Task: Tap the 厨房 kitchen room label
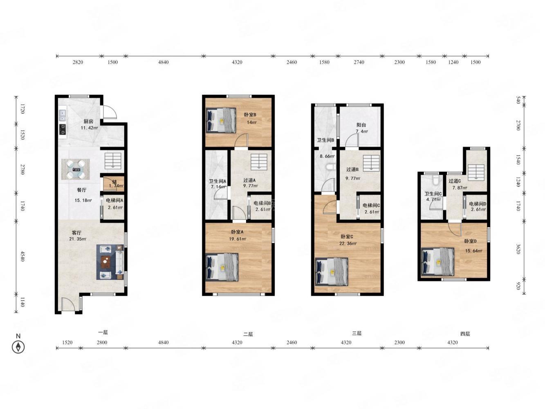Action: [x=88, y=121]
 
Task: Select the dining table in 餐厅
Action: [x=76, y=169]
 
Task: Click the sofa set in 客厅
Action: [x=110, y=262]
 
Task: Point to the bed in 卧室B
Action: [x=221, y=120]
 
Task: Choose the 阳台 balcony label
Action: [x=361, y=125]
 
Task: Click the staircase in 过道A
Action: [x=259, y=162]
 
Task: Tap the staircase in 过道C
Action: [x=476, y=172]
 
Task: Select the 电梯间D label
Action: [x=477, y=204]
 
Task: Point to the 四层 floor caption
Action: [x=465, y=334]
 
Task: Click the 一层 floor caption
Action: [x=103, y=332]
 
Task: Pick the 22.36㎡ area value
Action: [x=348, y=243]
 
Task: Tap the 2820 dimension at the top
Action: [x=78, y=62]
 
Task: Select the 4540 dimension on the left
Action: [x=22, y=256]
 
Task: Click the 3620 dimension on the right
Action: [x=518, y=249]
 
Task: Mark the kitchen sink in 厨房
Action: [x=62, y=115]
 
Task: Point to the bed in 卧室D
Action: [x=437, y=262]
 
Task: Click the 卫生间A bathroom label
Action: [x=217, y=181]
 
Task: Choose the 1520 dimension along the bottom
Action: [x=67, y=343]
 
